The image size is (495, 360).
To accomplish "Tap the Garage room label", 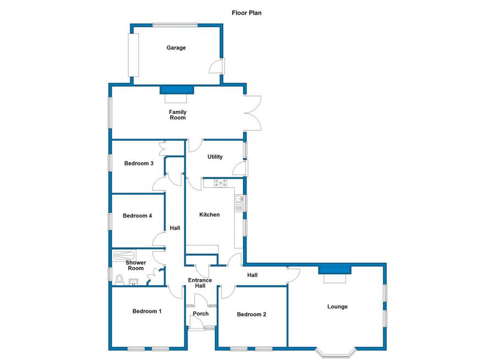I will click(x=176, y=48).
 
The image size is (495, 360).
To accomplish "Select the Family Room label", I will click(x=177, y=115).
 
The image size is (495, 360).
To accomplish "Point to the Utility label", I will click(x=215, y=157).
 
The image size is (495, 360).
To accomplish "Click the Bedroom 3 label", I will click(x=138, y=163).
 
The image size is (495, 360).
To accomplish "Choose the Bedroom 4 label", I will click(x=137, y=216).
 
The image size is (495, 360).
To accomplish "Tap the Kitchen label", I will click(x=210, y=215).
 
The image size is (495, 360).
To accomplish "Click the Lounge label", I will click(x=337, y=307).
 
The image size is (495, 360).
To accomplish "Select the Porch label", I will click(x=200, y=314).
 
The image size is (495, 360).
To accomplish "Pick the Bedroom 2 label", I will click(x=251, y=314).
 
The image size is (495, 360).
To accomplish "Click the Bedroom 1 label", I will click(x=147, y=312).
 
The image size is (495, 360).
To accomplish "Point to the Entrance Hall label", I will click(x=200, y=283).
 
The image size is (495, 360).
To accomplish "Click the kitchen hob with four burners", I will click(x=221, y=183).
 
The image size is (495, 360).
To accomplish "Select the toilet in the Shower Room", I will click(x=120, y=280).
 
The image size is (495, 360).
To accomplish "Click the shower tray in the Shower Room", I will click(x=123, y=255).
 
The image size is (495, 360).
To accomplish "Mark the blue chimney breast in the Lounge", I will click(x=334, y=269).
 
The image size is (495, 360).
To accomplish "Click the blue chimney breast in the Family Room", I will click(x=177, y=89).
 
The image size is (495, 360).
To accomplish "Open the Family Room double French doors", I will click(x=253, y=113).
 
